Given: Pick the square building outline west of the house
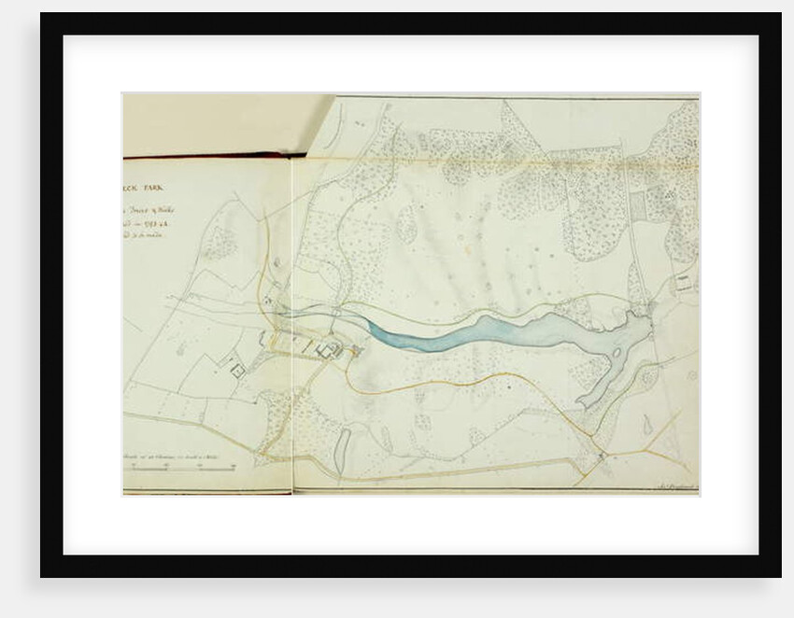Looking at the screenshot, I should (x=237, y=371).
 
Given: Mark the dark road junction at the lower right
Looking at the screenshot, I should (x=602, y=456).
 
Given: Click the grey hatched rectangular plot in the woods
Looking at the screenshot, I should (x=638, y=204).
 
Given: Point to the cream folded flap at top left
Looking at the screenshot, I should (x=224, y=121).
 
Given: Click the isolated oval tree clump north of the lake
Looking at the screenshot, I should (x=406, y=224).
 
